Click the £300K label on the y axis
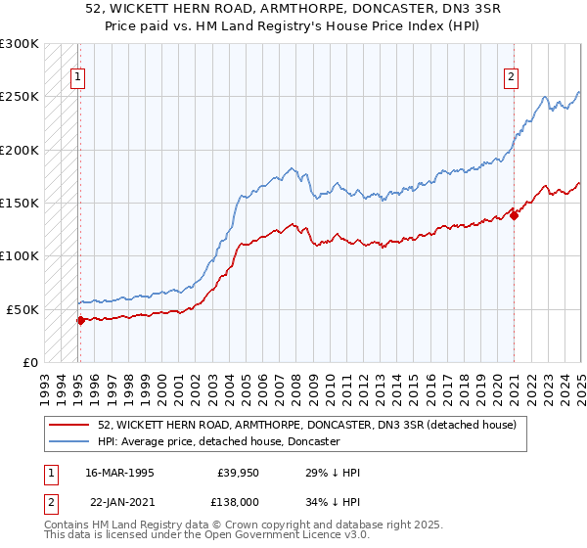point(20,44)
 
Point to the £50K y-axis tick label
point(23,309)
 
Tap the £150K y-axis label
point(20,203)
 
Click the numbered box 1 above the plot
point(77,79)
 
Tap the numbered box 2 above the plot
point(512,79)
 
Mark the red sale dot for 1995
point(80,319)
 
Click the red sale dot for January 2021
point(515,216)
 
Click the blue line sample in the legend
point(69,441)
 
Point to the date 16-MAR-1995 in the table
point(120,473)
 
